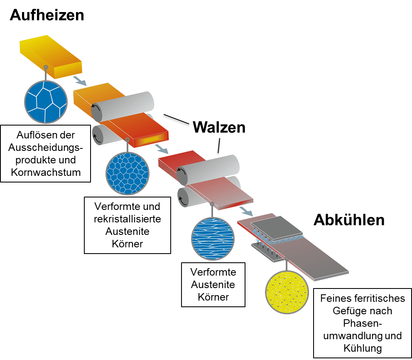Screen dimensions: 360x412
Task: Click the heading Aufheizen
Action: point(47,15)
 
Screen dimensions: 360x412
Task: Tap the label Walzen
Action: point(219,127)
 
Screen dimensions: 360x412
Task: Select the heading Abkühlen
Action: point(349,220)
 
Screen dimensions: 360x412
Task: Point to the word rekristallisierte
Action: point(127,218)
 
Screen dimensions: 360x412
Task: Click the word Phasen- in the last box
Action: point(363,323)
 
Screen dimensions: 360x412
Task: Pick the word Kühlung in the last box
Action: point(363,348)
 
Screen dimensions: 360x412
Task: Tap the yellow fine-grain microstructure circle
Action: point(287,293)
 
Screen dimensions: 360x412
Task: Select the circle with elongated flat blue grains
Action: point(213,239)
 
